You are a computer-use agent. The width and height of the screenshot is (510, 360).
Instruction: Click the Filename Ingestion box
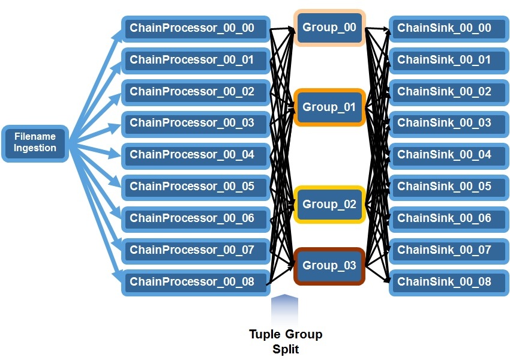pyautogui.click(x=35, y=143)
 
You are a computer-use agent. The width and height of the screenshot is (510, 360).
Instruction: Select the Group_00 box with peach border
pyautogui.click(x=329, y=28)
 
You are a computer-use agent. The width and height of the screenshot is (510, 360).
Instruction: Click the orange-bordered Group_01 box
pyautogui.click(x=329, y=107)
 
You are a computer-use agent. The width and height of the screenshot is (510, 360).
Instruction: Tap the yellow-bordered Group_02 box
pyautogui.click(x=329, y=205)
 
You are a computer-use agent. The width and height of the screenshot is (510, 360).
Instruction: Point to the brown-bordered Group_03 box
pyautogui.click(x=329, y=266)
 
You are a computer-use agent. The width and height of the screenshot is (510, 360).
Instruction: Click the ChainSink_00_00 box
pyautogui.click(x=449, y=28)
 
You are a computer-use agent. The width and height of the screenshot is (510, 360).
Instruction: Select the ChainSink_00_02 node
pyautogui.click(x=449, y=92)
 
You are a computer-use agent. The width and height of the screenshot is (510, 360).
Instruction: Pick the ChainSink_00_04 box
pyautogui.click(x=449, y=155)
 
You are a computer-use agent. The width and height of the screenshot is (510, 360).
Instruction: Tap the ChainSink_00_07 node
pyautogui.click(x=449, y=250)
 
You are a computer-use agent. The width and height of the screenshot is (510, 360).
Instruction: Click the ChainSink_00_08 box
pyautogui.click(x=449, y=281)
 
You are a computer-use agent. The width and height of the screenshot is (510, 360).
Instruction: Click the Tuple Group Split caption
pyautogui.click(x=286, y=341)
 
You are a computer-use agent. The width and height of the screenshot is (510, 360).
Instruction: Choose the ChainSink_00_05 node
pyautogui.click(x=449, y=187)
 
